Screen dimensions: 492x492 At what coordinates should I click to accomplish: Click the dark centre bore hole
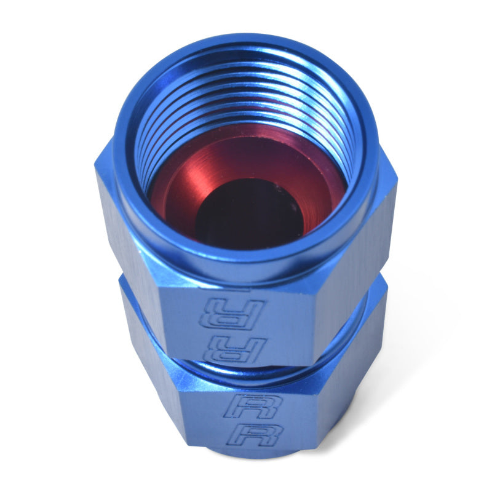click(x=246, y=212)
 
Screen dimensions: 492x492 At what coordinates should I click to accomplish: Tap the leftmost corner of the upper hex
click(x=97, y=169)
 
